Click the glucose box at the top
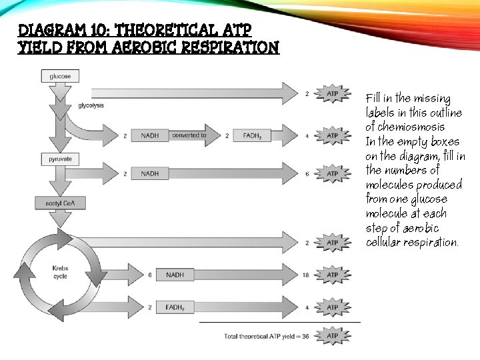[60, 77]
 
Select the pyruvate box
[60, 159]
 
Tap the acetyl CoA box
[60, 202]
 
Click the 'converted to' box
[189, 135]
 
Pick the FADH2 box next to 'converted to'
[251, 135]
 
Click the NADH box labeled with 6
[175, 275]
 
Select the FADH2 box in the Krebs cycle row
[175, 307]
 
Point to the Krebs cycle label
[61, 272]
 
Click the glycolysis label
[91, 105]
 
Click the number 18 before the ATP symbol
[305, 275]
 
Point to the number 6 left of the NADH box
[150, 275]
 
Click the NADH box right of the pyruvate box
[150, 173]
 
